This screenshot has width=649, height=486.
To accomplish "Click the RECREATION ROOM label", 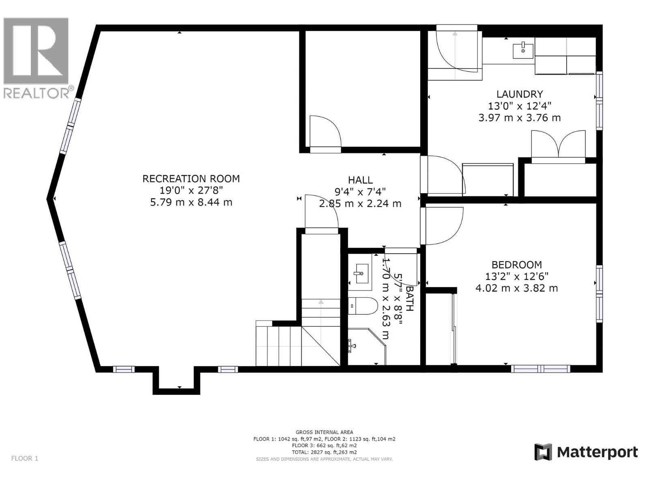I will (191, 179).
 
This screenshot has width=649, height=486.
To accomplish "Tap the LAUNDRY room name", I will (520, 94).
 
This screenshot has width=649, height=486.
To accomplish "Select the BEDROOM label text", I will (516, 265).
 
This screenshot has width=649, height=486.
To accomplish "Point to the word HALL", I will (360, 180).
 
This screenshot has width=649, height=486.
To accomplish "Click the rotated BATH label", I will (409, 298).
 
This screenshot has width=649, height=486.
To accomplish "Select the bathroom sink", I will (360, 273).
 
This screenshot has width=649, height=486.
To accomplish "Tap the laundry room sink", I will (523, 51).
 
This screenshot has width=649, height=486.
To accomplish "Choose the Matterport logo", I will (586, 452).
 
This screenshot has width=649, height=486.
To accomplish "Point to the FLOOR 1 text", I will (24, 458).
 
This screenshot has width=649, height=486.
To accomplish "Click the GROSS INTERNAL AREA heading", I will (324, 432).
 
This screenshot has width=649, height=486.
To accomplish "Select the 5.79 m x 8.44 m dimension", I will (191, 202).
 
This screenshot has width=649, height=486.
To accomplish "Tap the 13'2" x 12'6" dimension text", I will (516, 277).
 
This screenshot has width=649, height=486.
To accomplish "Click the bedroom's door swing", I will (442, 226).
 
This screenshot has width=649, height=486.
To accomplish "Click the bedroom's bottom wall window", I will (540, 369).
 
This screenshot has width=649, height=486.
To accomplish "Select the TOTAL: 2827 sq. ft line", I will (324, 452).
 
